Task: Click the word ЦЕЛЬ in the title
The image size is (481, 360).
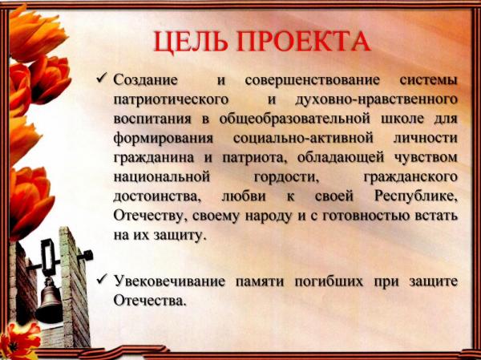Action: point(191,41)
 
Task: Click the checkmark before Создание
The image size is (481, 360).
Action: point(102,78)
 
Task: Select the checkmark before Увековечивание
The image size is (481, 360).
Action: point(102,279)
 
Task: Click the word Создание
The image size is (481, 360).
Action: point(145,80)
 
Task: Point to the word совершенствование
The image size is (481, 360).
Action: point(313,80)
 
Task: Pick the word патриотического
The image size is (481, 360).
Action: point(171,100)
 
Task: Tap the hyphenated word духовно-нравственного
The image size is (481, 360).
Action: point(376,100)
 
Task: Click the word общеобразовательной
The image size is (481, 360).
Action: point(295,119)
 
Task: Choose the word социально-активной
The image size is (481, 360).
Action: point(303,139)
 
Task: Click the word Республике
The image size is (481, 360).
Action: point(416,196)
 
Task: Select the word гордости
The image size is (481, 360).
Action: point(286,178)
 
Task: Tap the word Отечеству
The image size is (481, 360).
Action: point(151,216)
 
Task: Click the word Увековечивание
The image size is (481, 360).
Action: point(169,281)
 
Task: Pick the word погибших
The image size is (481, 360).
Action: point(329,281)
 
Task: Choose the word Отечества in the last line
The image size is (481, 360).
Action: point(150,301)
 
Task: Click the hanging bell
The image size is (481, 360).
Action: point(49,301)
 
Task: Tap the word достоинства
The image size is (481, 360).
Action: point(157,197)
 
